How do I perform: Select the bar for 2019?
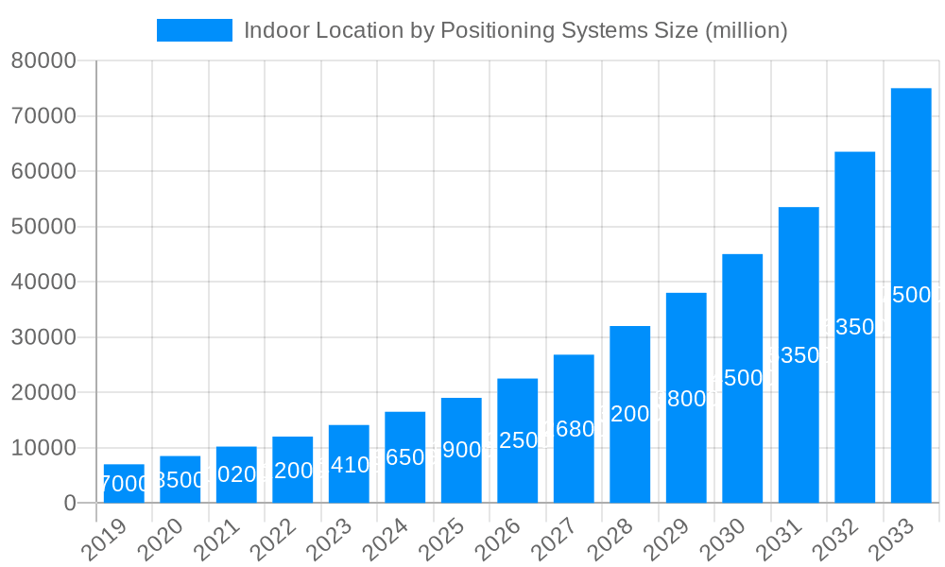click(124, 483)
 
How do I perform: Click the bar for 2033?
click(911, 295)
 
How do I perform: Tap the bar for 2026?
click(518, 440)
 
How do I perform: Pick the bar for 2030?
click(743, 378)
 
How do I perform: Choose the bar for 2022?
click(293, 469)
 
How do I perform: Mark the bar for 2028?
click(630, 414)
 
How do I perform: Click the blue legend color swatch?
click(195, 30)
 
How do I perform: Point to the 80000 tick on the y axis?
click(43, 61)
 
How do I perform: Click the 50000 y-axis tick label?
click(43, 227)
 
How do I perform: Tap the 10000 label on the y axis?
click(43, 448)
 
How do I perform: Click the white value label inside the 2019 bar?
click(124, 484)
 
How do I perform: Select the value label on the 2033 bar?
click(911, 295)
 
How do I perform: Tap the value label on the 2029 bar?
click(686, 399)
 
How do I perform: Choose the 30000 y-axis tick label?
click(43, 337)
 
